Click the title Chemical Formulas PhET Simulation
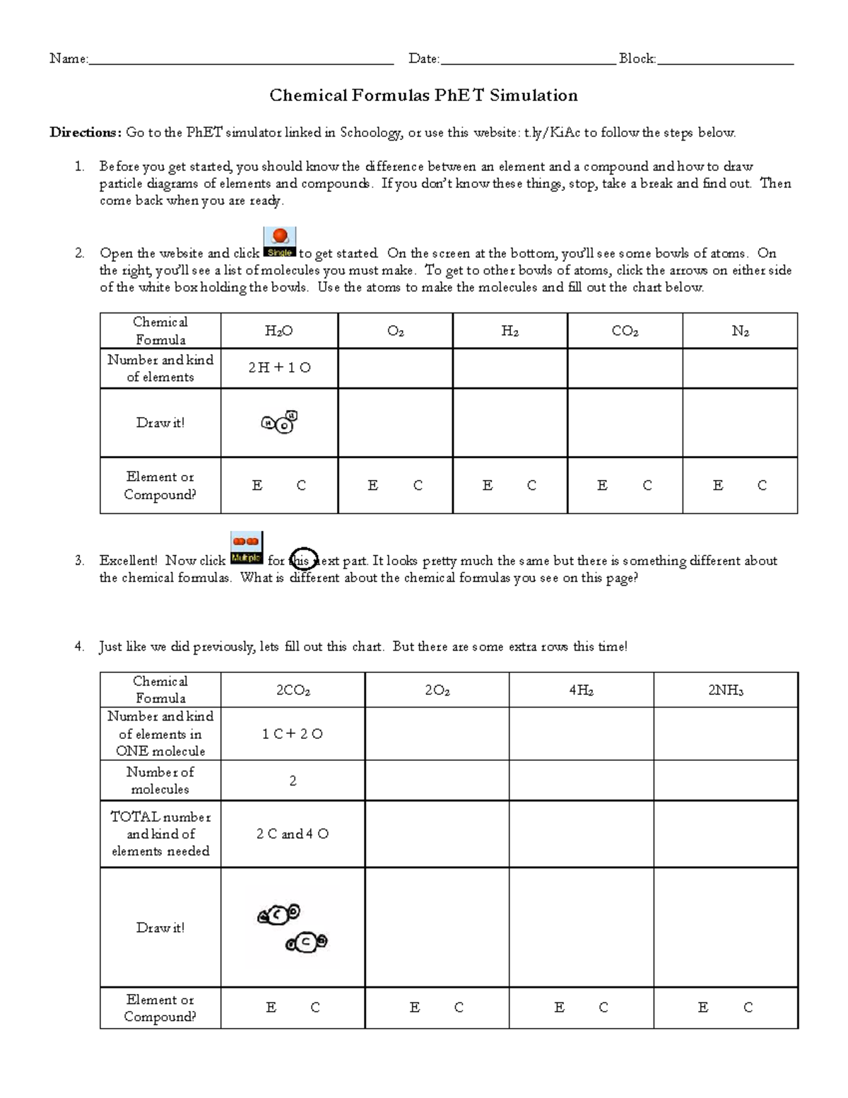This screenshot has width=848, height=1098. pos(423,95)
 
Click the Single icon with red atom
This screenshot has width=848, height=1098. pos(280,242)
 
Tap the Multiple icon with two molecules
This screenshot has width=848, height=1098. pos(247,548)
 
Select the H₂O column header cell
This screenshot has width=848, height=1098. pos(279,331)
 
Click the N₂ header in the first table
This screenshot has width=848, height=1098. pos(740,331)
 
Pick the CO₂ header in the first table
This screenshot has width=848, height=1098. pos(625,331)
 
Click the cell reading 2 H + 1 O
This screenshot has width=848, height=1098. pos(279,368)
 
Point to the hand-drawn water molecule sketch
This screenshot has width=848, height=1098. pos(280,423)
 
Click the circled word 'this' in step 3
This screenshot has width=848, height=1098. pos(303,561)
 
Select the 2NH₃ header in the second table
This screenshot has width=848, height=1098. pos(726,690)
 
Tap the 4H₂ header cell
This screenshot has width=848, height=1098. pos(581,690)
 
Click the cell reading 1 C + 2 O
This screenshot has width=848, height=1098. pos(293,734)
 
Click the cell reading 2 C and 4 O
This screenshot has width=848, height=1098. pos(293,834)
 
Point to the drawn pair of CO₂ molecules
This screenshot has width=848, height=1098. pos(293,928)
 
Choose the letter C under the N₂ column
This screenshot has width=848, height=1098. pos(762,486)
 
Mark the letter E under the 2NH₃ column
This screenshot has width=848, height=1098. pos(703,1008)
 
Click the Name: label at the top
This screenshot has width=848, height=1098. pos(69,59)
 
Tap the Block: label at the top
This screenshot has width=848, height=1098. pos(637,59)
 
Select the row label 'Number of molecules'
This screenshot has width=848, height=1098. pos(160,781)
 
